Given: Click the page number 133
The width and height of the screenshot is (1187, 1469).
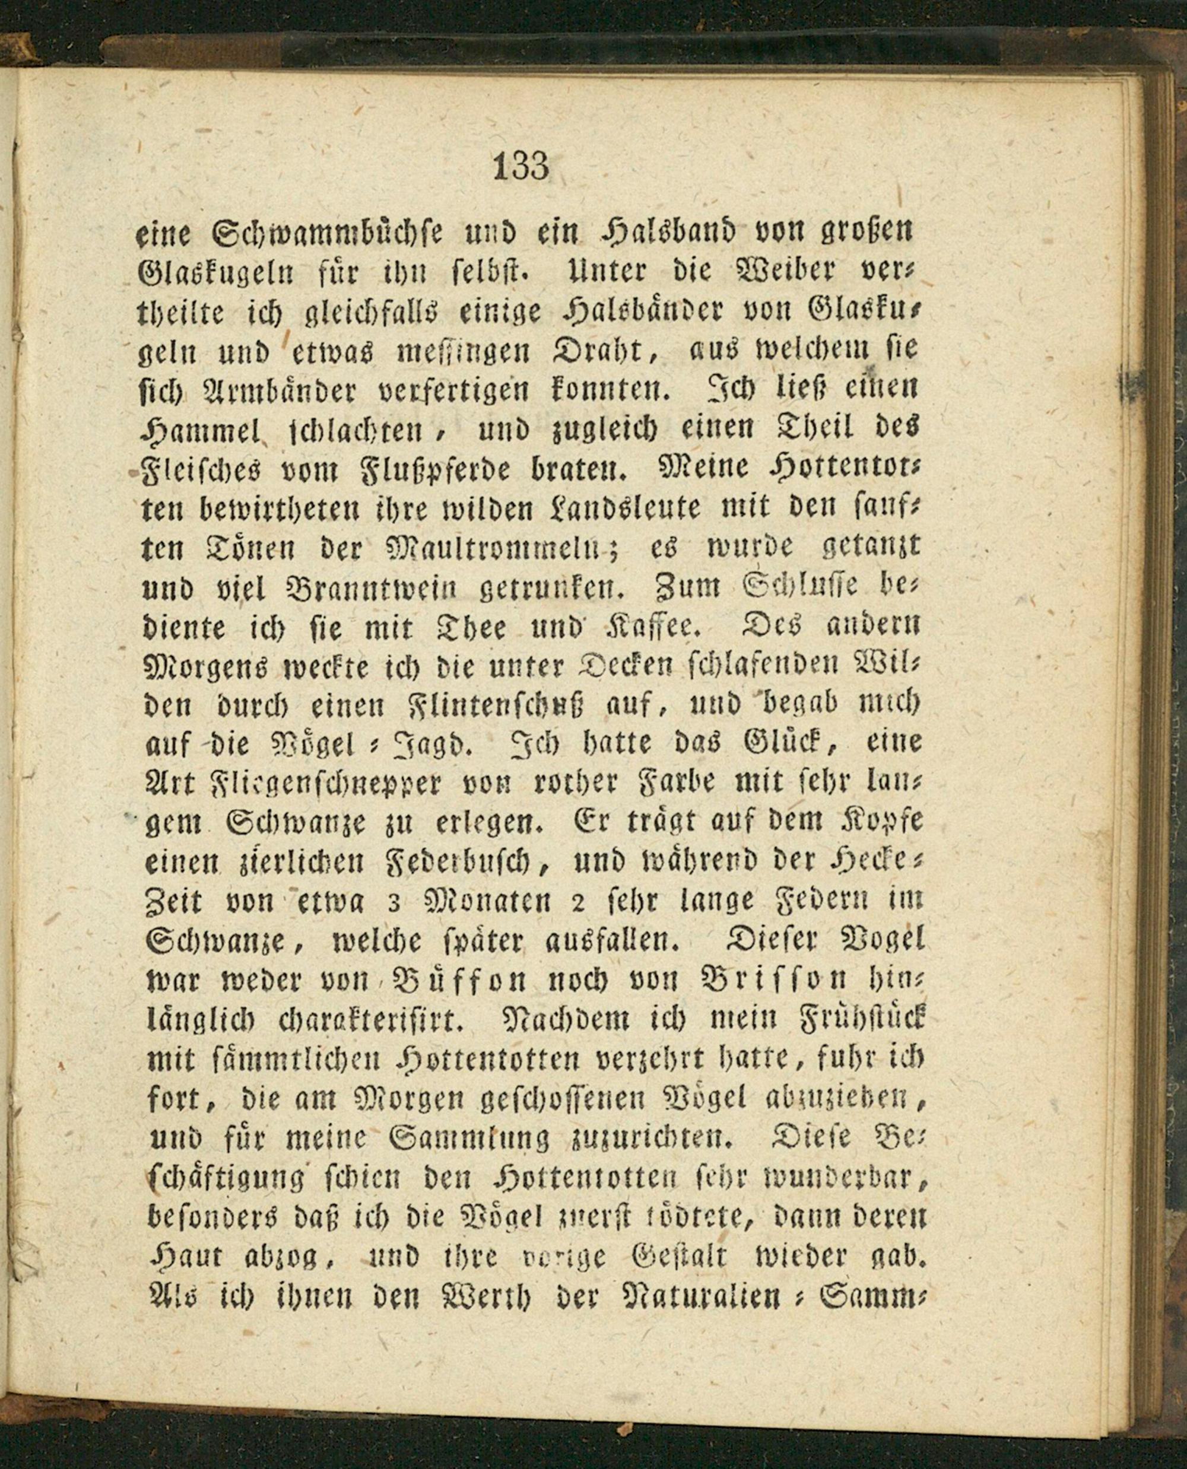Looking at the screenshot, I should click(520, 166).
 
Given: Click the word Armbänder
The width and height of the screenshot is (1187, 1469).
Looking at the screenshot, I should click(290, 391).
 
